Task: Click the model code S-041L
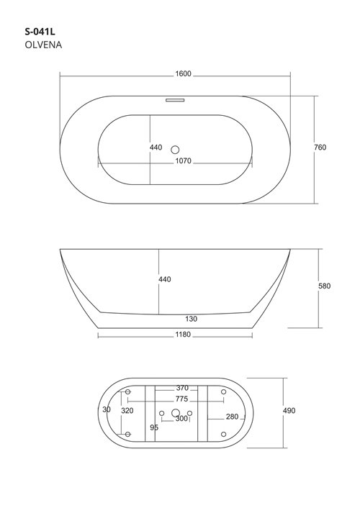[40, 32]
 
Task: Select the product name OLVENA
[43, 45]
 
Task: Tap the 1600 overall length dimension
[184, 74]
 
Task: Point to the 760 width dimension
[320, 148]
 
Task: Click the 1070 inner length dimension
[184, 161]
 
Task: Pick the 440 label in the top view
[156, 148]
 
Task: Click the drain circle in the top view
[175, 150]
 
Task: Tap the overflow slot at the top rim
[175, 100]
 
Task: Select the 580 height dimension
[324, 286]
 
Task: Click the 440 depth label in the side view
[165, 279]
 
